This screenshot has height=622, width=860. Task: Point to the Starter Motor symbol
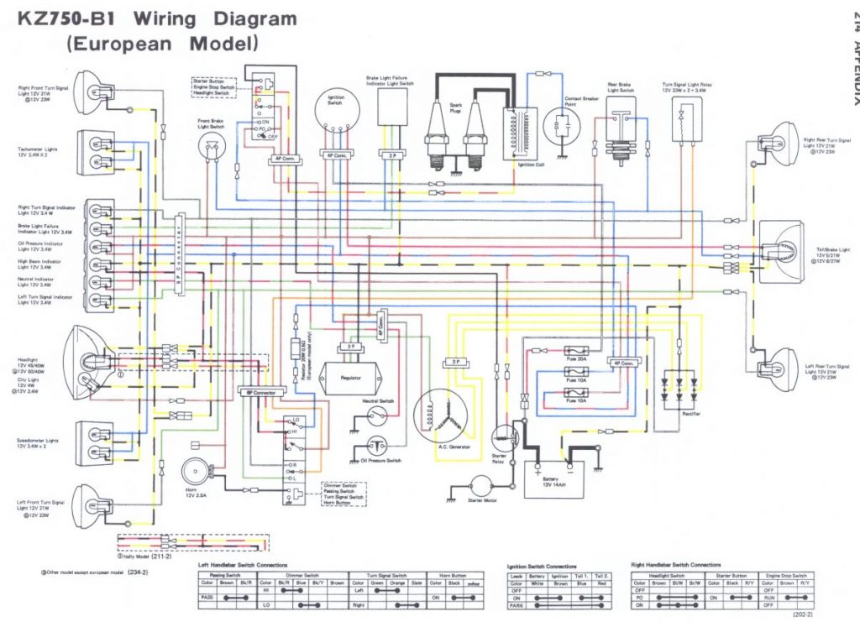click(483, 487)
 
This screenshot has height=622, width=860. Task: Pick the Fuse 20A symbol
click(576, 351)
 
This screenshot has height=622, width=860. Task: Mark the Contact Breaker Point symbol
click(561, 126)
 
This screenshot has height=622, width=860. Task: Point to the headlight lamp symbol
click(95, 362)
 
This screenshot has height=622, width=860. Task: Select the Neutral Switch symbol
click(379, 420)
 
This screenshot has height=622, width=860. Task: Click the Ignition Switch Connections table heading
click(542, 566)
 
